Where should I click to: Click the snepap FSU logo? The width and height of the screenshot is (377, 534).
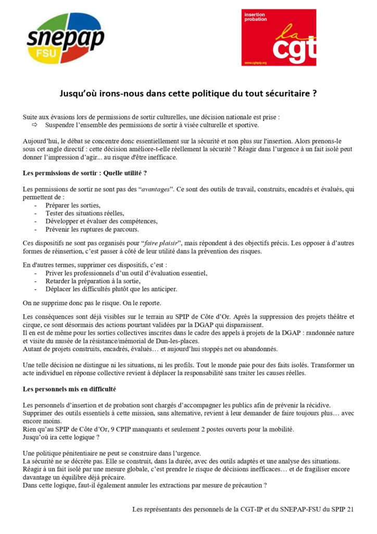pyautogui.click(x=66, y=37)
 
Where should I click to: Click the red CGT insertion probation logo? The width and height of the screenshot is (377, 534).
pyautogui.click(x=279, y=38)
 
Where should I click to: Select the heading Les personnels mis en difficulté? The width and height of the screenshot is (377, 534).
pyautogui.click(x=69, y=389)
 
